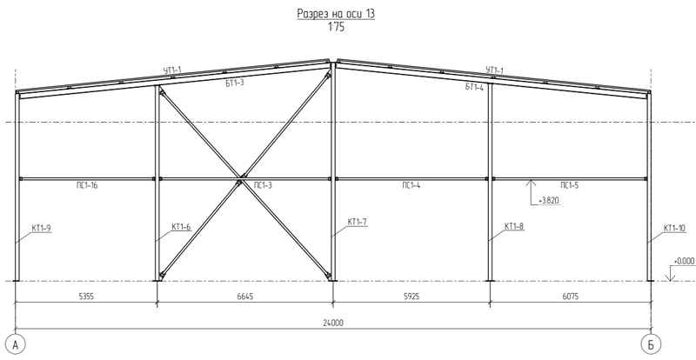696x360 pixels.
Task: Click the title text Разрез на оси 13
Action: tap(336, 14)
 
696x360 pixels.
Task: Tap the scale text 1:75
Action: tap(336, 27)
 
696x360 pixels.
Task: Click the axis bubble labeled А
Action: tap(16, 344)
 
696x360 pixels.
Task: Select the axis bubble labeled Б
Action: tap(651, 344)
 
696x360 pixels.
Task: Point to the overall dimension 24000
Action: tap(333, 323)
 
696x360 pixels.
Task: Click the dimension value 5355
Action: tap(86, 296)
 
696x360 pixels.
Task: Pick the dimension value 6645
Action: tap(245, 296)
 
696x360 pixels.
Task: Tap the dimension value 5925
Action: tap(412, 296)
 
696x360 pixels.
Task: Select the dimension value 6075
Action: tap(571, 296)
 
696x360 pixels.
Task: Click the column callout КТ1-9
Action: tap(41, 228)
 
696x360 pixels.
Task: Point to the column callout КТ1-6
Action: tap(181, 227)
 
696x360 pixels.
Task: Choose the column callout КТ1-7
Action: tap(358, 222)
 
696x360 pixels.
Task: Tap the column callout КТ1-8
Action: tap(514, 226)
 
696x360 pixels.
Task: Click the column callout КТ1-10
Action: tap(674, 228)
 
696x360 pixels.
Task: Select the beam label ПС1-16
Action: tap(86, 185)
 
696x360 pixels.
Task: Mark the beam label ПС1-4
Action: tap(411, 185)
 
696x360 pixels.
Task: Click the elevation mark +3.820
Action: tap(549, 201)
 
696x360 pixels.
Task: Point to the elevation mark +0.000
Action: tap(685, 262)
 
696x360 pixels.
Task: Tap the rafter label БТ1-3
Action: tap(235, 83)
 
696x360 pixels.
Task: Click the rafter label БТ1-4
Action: tap(474, 87)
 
